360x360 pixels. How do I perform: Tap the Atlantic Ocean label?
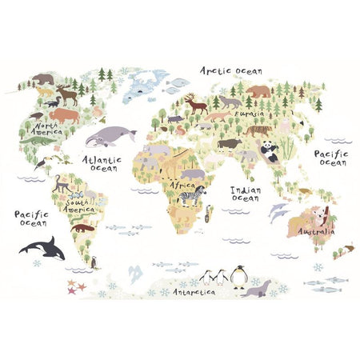(102, 163)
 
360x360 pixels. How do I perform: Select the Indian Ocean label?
(244, 194)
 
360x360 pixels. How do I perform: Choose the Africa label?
(181, 185)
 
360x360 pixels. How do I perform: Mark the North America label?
(44, 130)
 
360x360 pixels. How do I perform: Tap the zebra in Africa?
(190, 195)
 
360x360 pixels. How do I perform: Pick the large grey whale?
(109, 137)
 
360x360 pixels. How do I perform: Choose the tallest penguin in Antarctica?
(238, 275)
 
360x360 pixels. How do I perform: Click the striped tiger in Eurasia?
(257, 130)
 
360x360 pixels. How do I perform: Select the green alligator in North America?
(34, 142)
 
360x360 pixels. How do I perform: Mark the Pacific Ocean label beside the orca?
(30, 218)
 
